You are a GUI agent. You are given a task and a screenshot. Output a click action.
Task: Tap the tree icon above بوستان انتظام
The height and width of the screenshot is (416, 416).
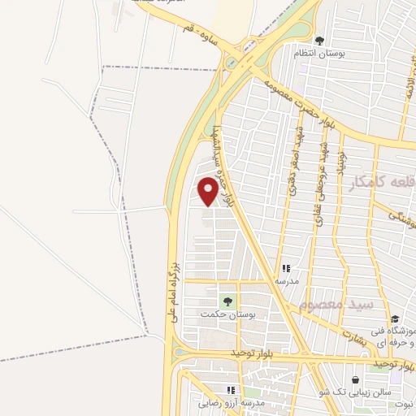point(319,40)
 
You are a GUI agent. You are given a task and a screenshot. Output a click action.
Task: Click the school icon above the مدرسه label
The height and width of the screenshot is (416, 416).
point(286,267)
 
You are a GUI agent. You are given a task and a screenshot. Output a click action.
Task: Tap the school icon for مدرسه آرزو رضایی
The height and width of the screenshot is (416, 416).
point(232,390)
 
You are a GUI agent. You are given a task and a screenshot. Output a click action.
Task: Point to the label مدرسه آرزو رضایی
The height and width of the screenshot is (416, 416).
point(231,402)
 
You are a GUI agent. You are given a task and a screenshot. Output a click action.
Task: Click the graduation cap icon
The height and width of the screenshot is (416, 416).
point(395,319)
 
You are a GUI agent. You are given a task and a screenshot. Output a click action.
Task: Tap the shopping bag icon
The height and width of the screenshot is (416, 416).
point(356,379)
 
